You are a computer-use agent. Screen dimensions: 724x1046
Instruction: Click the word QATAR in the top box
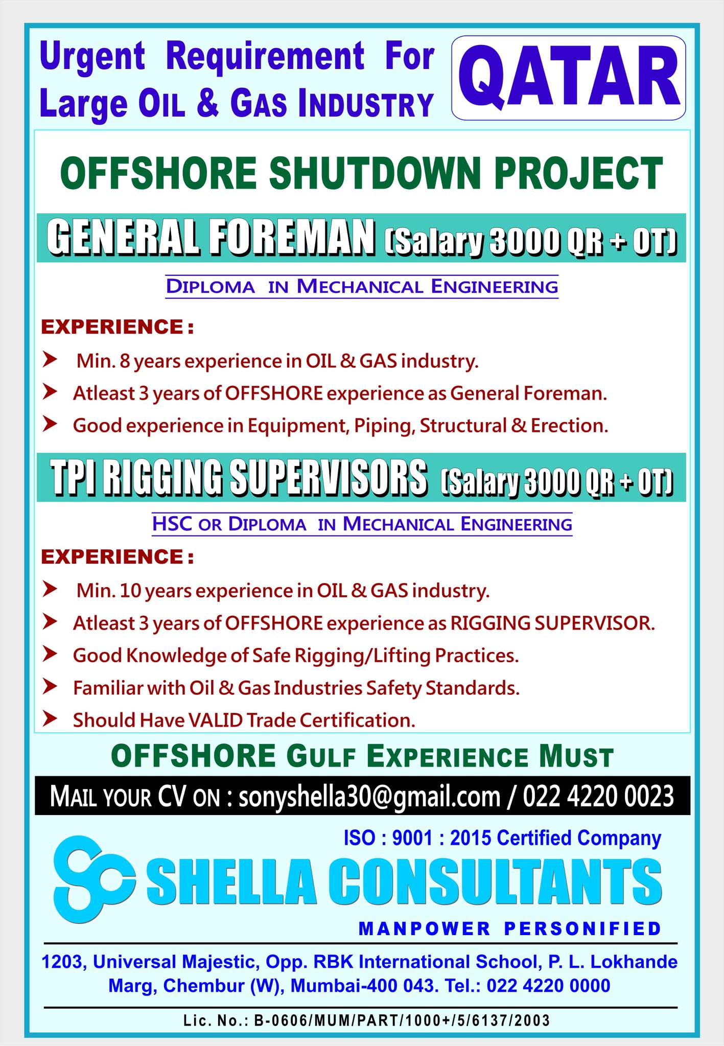[569, 77]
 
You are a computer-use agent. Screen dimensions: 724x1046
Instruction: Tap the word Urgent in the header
[92, 56]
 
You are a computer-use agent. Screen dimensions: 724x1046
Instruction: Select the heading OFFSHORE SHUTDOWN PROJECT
[362, 174]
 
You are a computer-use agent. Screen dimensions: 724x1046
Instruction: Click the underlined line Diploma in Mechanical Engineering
[362, 287]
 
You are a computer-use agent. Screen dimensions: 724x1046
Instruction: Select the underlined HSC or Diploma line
[362, 524]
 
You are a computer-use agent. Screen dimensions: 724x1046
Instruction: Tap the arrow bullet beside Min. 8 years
[50, 360]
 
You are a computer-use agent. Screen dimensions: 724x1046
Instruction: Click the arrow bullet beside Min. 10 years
[50, 589]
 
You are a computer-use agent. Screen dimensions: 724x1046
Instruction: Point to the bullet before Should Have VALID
[50, 719]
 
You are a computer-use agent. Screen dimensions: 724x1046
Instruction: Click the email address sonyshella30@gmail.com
[369, 796]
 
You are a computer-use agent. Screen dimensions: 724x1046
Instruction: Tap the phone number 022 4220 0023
[598, 796]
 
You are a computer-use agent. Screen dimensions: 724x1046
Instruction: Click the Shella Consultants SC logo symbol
[95, 879]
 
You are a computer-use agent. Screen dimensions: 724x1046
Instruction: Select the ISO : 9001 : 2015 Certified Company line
[502, 839]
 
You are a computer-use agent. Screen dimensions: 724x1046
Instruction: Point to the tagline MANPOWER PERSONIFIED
[510, 928]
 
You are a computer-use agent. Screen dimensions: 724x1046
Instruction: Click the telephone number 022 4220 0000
[548, 985]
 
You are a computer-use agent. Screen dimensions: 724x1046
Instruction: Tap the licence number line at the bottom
[366, 1020]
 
